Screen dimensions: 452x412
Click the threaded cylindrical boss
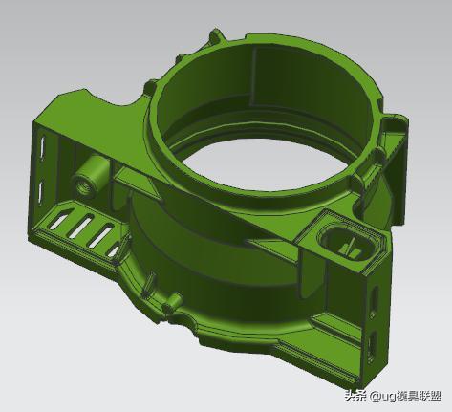(x=90, y=175)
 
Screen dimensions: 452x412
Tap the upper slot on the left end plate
(x=42, y=147)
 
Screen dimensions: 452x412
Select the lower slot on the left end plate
(x=40, y=192)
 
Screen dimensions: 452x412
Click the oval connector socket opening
(x=347, y=244)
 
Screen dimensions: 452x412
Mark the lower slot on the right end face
(x=372, y=347)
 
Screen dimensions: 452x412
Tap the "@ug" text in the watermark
(x=382, y=396)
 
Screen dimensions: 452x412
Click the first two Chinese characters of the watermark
(x=355, y=396)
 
